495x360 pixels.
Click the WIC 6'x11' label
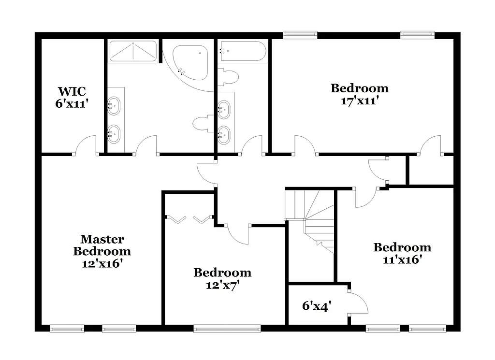coord(72,97)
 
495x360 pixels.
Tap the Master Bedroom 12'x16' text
coord(102,251)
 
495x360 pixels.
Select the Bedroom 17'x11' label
coord(359,94)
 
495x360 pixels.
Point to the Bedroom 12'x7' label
coord(222,279)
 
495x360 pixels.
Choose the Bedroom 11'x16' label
coord(402,253)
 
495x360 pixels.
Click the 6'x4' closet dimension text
coord(317,306)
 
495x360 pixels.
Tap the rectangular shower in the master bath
coord(133,51)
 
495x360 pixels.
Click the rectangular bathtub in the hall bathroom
coord(242,51)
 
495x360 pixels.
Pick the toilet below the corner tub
coord(203,124)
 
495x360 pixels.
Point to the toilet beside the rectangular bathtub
coord(229,76)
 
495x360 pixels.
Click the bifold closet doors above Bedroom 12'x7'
coord(189,220)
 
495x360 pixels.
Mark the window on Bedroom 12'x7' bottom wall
coord(227,329)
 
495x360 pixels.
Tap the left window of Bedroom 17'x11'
coord(300,35)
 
